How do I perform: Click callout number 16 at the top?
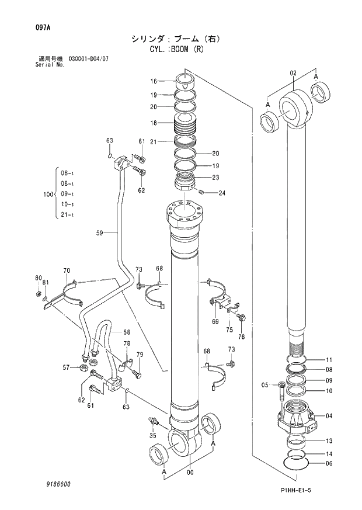pos(154,81)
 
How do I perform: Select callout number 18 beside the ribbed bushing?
pos(154,123)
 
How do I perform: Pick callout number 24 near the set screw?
pos(222,193)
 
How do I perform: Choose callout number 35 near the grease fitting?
pos(153,435)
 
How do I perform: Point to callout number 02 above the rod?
pos(293,73)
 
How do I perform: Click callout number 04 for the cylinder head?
pos(329,416)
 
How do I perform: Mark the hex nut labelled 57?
pos(83,367)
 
